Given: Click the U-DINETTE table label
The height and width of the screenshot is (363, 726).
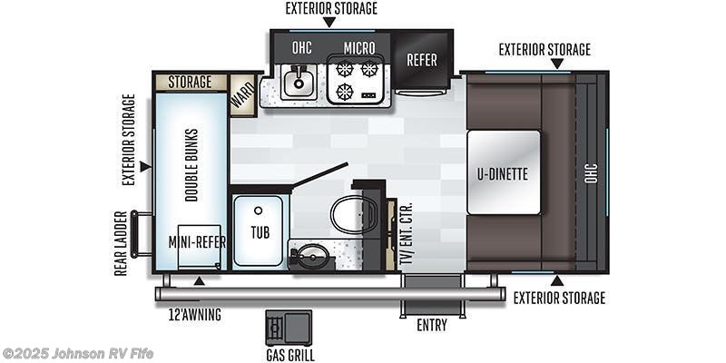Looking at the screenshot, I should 504,172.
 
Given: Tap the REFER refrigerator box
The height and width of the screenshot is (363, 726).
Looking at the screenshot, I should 421,61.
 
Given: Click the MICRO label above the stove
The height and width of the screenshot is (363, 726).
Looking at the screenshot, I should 358,47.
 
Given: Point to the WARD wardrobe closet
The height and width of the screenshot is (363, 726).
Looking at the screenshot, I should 242,93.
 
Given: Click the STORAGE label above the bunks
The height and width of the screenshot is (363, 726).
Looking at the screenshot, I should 190,83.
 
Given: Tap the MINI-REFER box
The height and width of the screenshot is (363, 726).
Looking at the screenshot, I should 199,243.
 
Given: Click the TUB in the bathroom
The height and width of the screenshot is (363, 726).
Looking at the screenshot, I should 259,231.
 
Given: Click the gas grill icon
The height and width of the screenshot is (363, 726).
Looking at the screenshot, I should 288,328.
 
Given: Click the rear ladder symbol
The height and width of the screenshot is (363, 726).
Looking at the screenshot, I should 141,234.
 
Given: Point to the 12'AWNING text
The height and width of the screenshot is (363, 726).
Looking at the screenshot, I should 194,315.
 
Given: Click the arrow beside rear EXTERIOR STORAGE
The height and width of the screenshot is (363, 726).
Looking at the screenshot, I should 144,167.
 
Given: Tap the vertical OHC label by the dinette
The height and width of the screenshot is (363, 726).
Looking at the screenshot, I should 591,172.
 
